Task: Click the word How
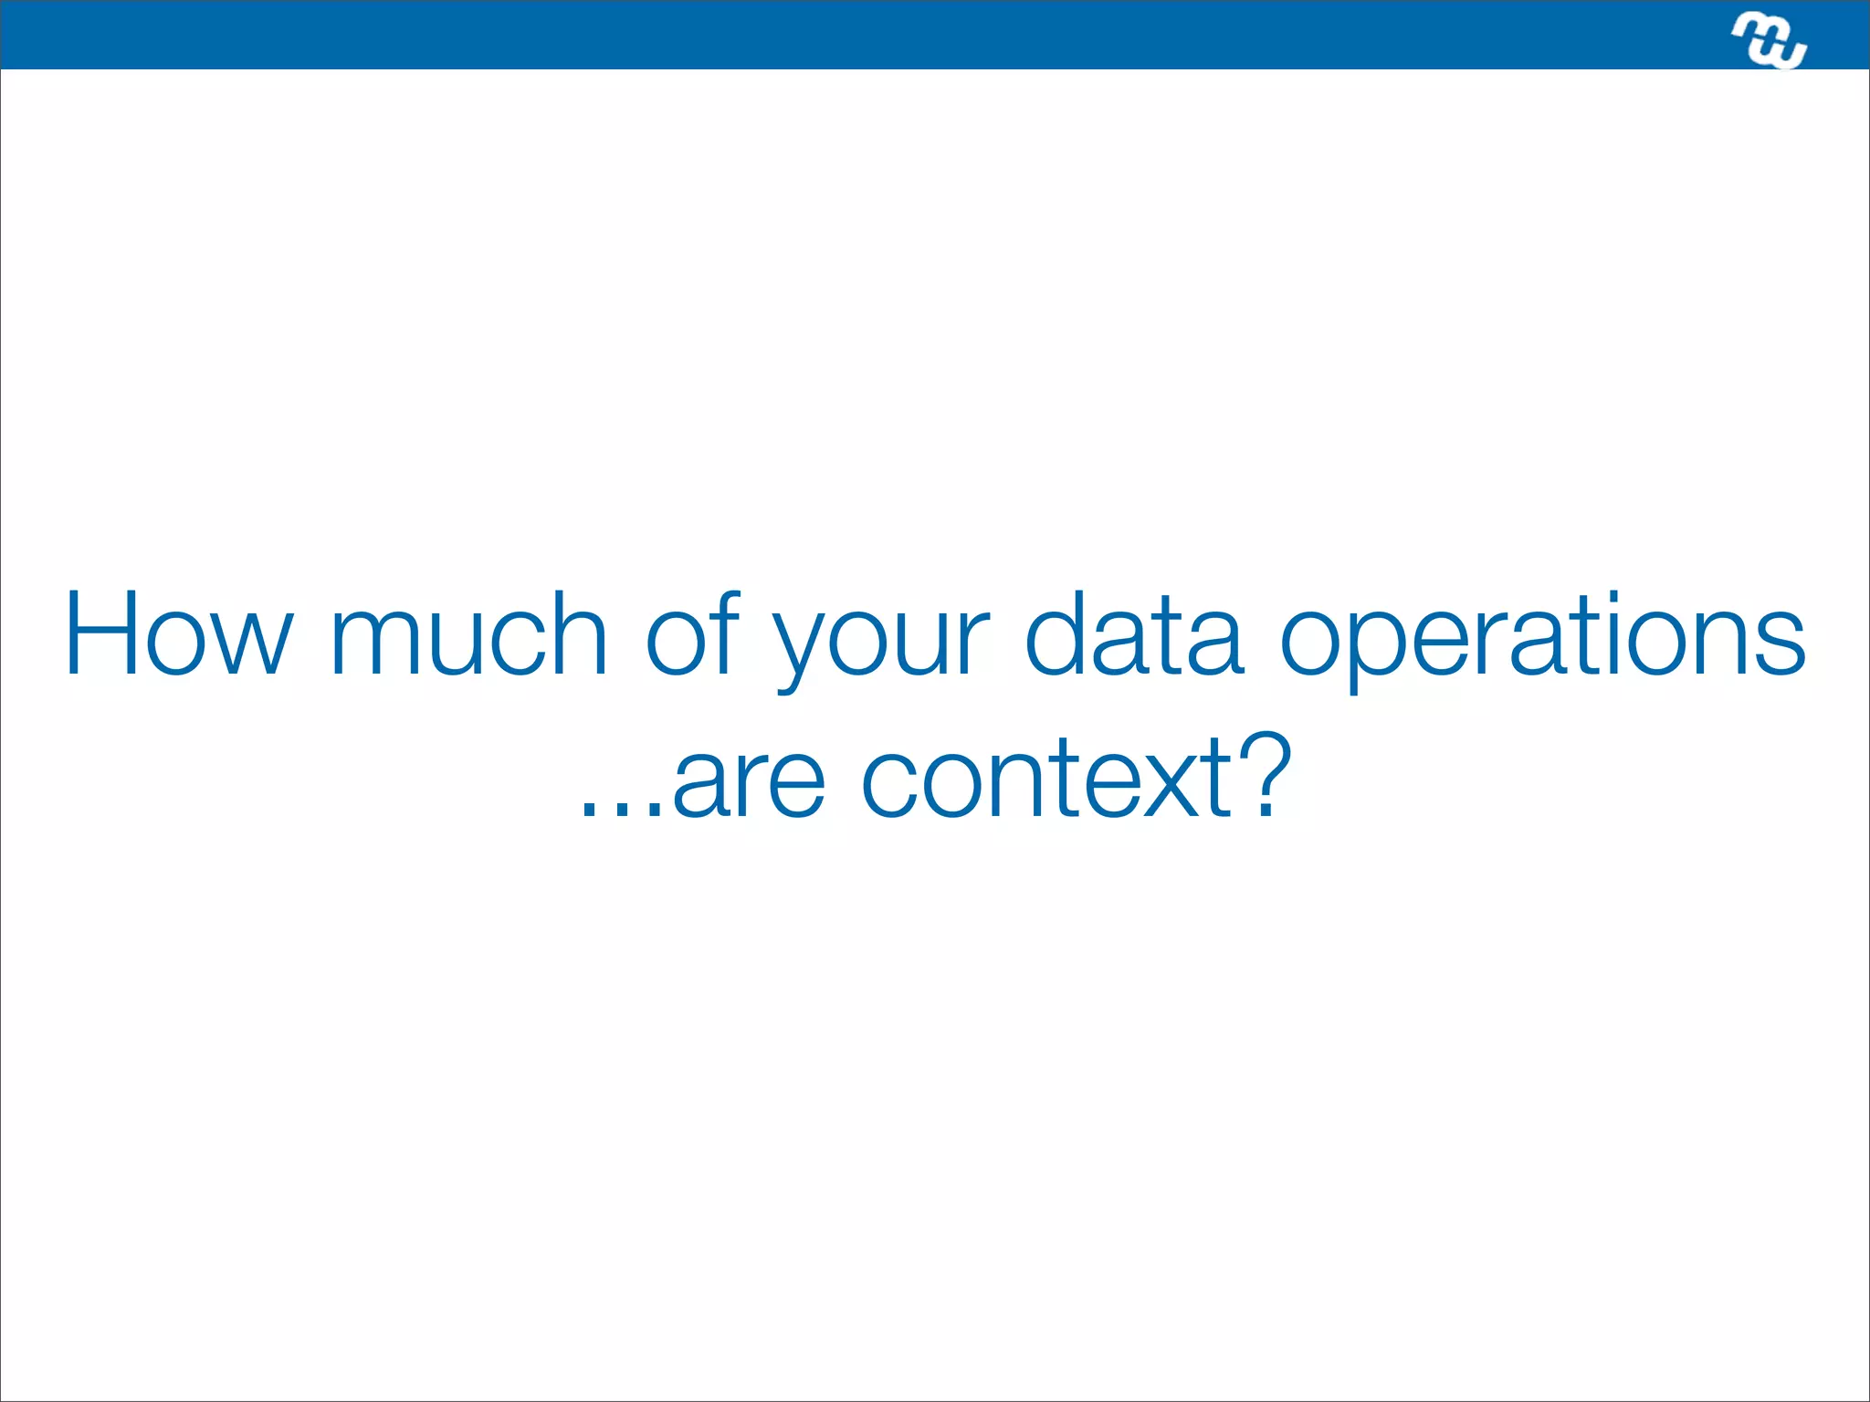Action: click(x=179, y=633)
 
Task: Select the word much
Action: click(x=468, y=633)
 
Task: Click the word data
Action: click(x=1134, y=633)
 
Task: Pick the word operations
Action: click(x=1542, y=639)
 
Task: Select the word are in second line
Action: click(x=749, y=780)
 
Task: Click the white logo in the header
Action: click(x=1769, y=40)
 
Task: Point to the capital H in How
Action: click(x=101, y=633)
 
